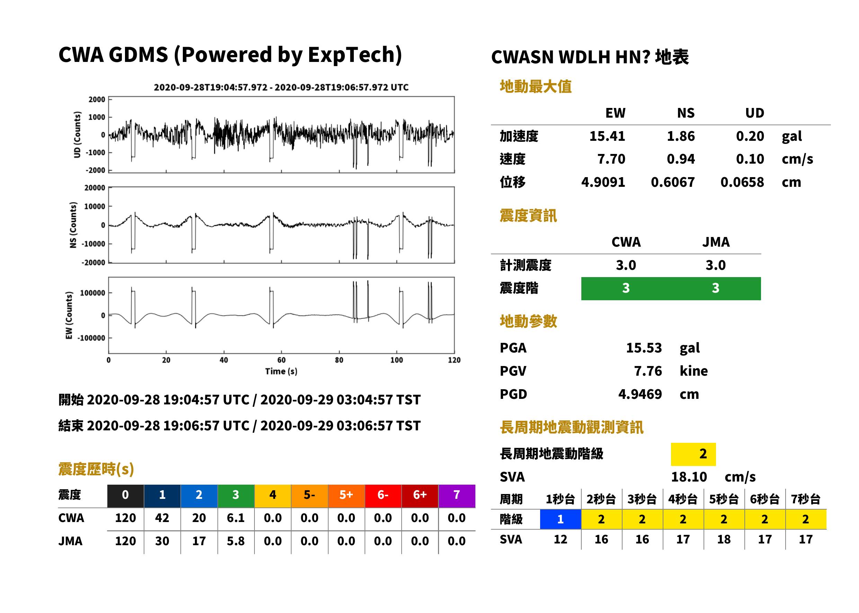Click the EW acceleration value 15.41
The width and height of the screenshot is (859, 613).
tap(607, 136)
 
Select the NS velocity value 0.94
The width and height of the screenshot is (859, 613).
tap(681, 159)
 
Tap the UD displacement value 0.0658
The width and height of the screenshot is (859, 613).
tap(742, 182)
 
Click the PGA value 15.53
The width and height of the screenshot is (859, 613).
tap(644, 348)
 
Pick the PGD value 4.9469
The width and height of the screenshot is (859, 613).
tap(640, 394)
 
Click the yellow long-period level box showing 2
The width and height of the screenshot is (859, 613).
tap(693, 454)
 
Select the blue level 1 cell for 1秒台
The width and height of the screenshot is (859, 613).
tap(560, 519)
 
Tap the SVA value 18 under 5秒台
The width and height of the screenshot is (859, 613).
tap(724, 539)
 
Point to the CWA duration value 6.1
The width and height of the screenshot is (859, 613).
tap(236, 518)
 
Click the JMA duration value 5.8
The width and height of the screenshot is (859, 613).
tap(236, 541)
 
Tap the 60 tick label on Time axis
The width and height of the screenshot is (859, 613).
tap(281, 360)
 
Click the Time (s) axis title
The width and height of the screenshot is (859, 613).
tap(281, 372)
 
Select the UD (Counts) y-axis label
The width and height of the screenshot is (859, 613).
tap(77, 135)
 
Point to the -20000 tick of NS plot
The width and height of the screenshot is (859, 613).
tap(93, 263)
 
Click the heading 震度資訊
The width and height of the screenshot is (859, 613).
tap(528, 216)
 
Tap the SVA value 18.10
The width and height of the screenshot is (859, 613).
tap(689, 477)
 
